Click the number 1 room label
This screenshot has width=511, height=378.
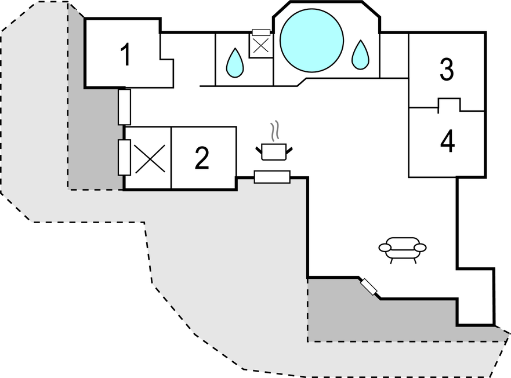pyautogui.click(x=125, y=55)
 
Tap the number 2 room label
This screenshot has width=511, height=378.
pyautogui.click(x=201, y=159)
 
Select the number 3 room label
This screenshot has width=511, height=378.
pyautogui.click(x=445, y=70)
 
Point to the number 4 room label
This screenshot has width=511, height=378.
pyautogui.click(x=447, y=142)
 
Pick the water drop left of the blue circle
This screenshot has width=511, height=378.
pyautogui.click(x=234, y=62)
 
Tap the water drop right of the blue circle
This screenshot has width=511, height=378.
pyautogui.click(x=360, y=55)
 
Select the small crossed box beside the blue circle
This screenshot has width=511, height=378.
pyautogui.click(x=260, y=46)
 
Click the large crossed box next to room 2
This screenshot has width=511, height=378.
pyautogui.click(x=148, y=158)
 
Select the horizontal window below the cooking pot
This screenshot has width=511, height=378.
pyautogui.click(x=272, y=177)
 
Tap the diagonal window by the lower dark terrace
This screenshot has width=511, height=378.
pyautogui.click(x=368, y=286)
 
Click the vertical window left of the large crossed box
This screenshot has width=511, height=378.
pyautogui.click(x=124, y=158)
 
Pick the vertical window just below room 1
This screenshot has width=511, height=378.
pyautogui.click(x=124, y=106)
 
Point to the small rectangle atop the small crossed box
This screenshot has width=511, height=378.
pyautogui.click(x=262, y=32)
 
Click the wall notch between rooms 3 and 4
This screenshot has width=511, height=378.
pyautogui.click(x=448, y=104)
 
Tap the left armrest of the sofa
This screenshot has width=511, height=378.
pyautogui.click(x=385, y=248)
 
